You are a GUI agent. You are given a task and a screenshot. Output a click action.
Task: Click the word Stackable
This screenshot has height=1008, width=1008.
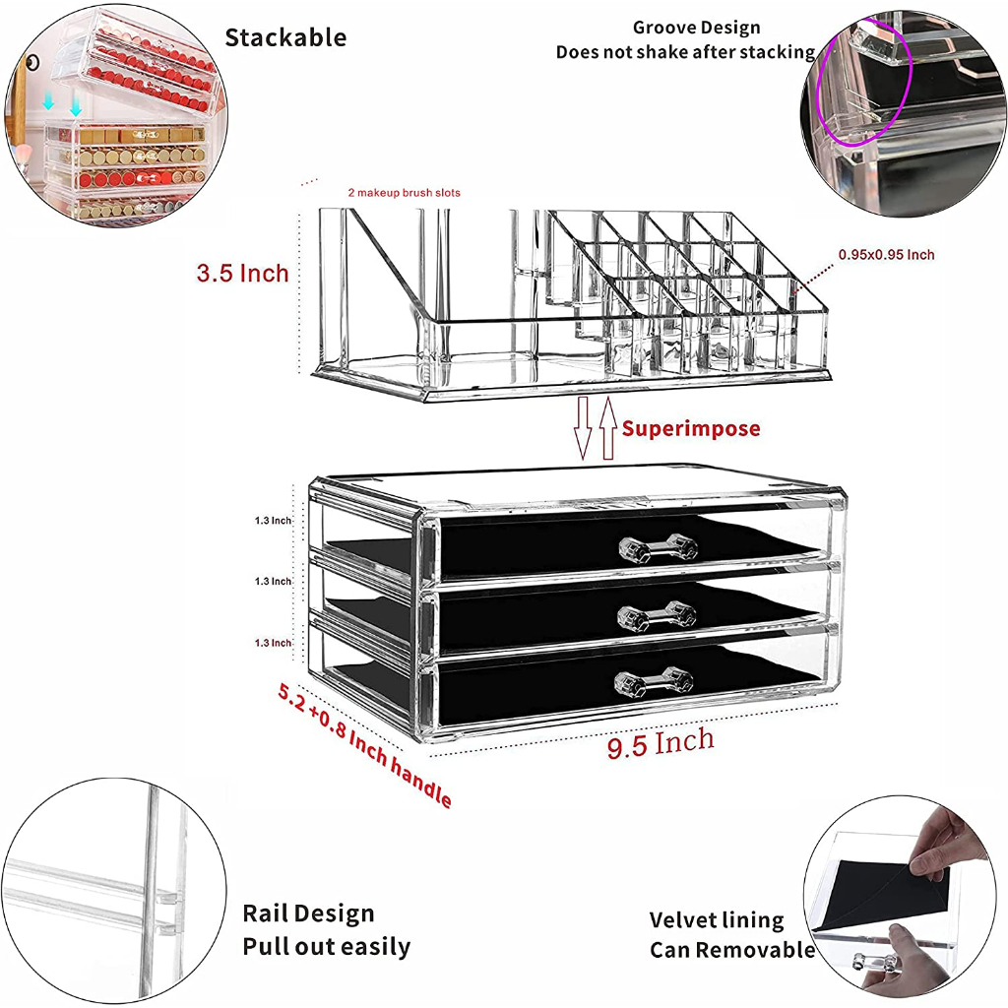285,38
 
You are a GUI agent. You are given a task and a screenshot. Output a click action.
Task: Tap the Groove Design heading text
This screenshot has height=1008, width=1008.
696,28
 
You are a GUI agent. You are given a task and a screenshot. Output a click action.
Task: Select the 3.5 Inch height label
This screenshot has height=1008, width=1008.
242,273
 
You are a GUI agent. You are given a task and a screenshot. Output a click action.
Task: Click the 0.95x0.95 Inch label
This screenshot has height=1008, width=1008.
886,255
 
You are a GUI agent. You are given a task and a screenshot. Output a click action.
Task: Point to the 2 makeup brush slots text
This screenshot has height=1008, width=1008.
404,193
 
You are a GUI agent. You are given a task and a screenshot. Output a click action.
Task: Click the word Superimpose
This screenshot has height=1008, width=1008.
691,428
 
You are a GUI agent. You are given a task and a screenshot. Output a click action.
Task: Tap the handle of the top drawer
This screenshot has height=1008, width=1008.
658,547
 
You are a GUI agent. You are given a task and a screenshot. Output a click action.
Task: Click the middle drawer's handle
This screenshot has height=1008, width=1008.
657,615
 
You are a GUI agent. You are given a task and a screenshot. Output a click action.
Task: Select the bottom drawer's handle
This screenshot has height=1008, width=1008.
655,681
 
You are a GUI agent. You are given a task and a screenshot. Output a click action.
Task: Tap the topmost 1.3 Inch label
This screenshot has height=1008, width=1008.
273,521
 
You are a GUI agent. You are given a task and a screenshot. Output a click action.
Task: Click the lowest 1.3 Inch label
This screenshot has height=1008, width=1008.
273,643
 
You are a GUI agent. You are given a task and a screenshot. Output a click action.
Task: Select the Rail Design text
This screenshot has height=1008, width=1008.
308,913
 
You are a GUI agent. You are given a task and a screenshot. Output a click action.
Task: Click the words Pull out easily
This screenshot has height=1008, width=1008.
326,947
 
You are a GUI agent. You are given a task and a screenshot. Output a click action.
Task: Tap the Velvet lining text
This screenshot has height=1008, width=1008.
717,920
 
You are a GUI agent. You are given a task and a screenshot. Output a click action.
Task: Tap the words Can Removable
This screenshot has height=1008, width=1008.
731,950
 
